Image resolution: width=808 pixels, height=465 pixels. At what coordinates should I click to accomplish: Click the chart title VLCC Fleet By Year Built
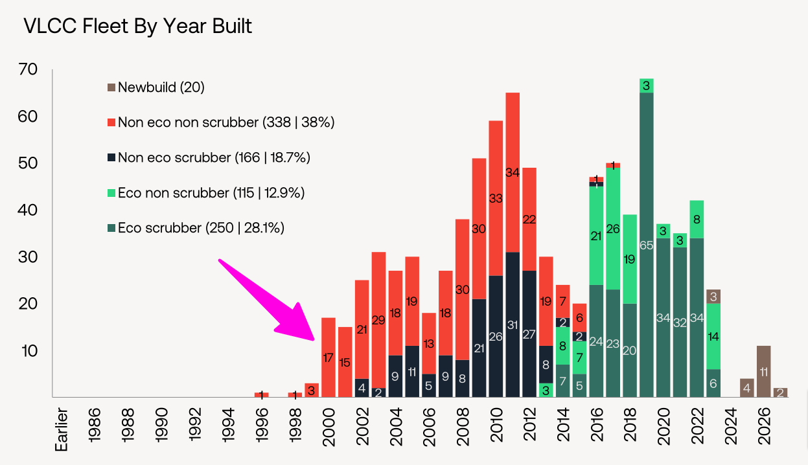[137, 27]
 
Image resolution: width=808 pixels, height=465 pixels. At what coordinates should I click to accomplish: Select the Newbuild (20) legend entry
[161, 87]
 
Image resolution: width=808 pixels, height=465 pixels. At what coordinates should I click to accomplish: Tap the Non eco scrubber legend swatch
[111, 157]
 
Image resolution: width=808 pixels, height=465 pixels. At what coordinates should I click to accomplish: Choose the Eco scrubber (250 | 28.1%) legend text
[201, 227]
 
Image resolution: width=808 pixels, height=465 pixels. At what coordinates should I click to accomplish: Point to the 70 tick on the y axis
[30, 69]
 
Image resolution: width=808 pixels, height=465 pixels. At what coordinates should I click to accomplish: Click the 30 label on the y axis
[30, 257]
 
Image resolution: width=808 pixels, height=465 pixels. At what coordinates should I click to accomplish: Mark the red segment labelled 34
[513, 173]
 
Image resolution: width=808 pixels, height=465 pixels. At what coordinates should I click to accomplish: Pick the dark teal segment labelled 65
[646, 245]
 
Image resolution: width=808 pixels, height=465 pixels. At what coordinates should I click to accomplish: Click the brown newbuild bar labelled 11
[763, 371]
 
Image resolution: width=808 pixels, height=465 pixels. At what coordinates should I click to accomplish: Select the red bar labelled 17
[329, 357]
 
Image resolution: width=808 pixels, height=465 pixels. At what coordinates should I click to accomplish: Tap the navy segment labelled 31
[513, 324]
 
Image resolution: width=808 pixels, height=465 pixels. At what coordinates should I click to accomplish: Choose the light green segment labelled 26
[612, 229]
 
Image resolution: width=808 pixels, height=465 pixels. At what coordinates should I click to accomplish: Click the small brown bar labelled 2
[780, 392]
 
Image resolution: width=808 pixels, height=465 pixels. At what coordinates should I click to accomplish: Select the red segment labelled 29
[379, 320]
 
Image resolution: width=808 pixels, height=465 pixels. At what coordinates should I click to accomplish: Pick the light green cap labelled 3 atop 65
[646, 85]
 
